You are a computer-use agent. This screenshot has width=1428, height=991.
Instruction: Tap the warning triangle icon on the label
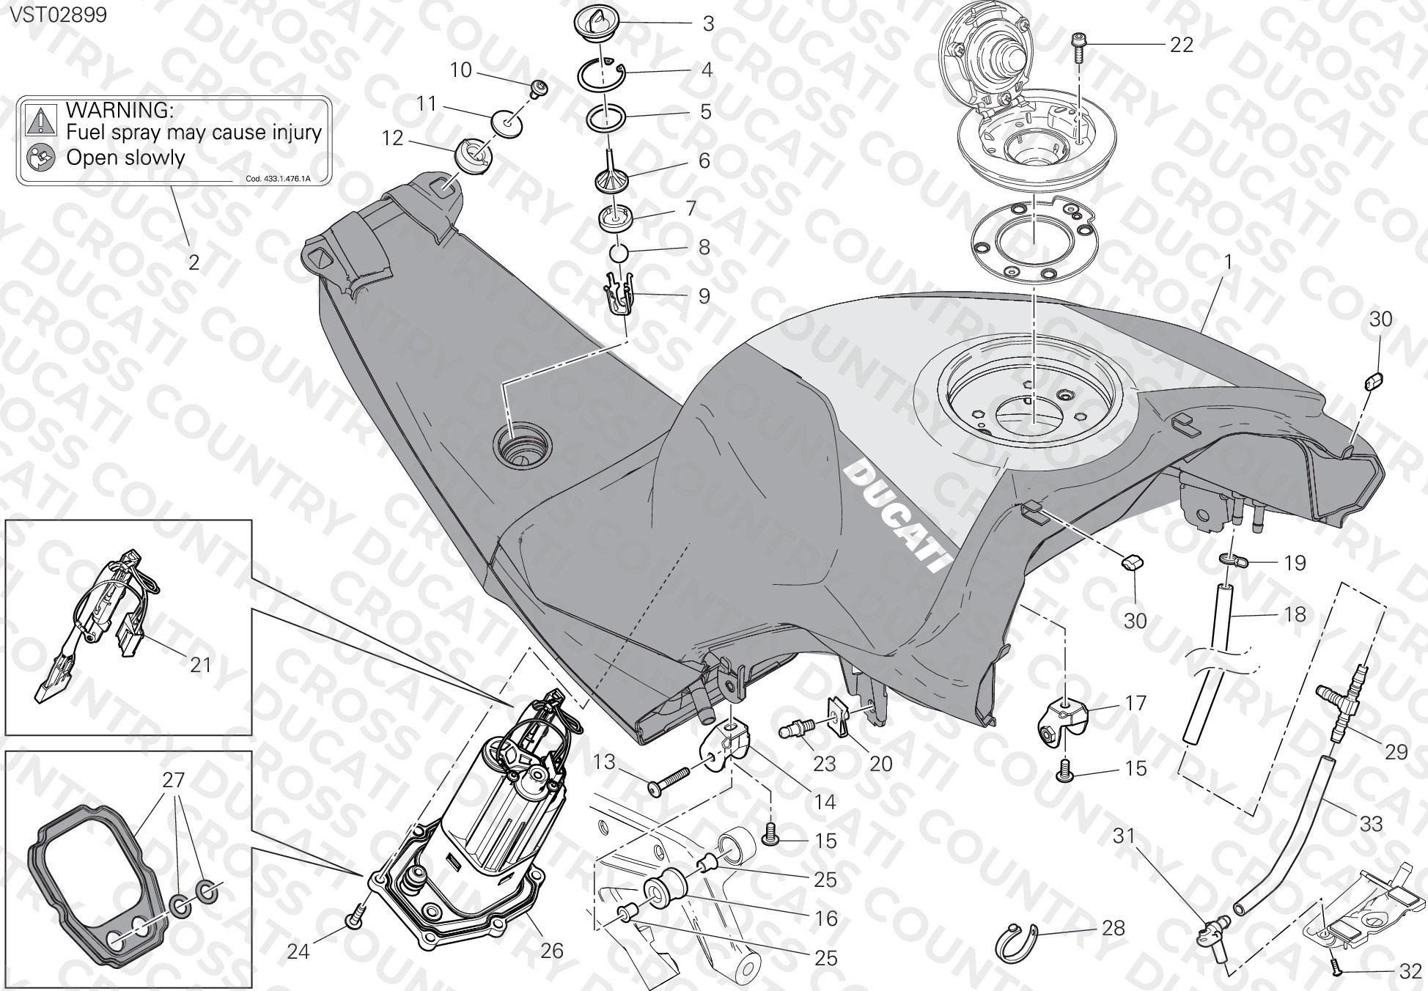(x=42, y=118)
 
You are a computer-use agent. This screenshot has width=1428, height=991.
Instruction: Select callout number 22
(x=1182, y=45)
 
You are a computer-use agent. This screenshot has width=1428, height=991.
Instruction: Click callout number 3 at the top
(x=708, y=24)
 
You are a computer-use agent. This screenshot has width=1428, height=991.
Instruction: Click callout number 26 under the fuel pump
(x=551, y=951)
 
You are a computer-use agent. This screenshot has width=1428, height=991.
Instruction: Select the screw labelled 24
(x=356, y=916)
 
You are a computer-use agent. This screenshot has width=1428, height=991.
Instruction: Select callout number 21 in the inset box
(x=200, y=664)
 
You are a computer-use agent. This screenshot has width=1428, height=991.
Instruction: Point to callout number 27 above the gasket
(x=174, y=780)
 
